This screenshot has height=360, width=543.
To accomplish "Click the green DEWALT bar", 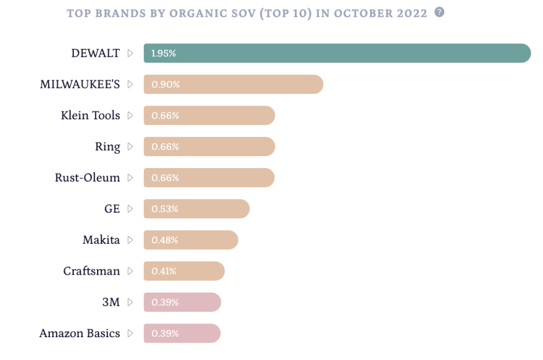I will (x=337, y=54).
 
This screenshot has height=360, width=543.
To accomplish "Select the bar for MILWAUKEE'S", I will (x=233, y=84).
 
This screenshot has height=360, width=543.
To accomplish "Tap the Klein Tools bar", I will (x=209, y=116).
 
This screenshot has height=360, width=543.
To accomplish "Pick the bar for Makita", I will (x=191, y=240).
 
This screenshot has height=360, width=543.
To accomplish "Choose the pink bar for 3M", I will (x=182, y=302).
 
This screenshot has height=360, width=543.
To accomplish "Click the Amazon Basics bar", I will (x=182, y=333).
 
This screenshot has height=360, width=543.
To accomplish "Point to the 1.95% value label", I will (x=163, y=54).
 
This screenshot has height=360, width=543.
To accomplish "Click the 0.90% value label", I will (x=165, y=84).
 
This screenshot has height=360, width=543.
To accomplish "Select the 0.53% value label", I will (x=165, y=209).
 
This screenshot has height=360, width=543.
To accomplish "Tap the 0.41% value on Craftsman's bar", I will (x=164, y=271).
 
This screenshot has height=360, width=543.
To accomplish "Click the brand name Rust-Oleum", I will (x=87, y=178).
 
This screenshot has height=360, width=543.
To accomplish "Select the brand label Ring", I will (x=108, y=147).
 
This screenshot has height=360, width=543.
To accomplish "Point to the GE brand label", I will (x=112, y=209).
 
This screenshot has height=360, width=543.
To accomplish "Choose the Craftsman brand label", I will (x=92, y=271).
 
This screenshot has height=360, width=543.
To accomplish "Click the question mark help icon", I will (x=439, y=12).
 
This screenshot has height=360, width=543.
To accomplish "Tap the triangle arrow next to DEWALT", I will (x=130, y=54).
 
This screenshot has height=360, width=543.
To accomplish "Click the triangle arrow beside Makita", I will (x=130, y=240).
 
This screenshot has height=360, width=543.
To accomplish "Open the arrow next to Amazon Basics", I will (x=130, y=333).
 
